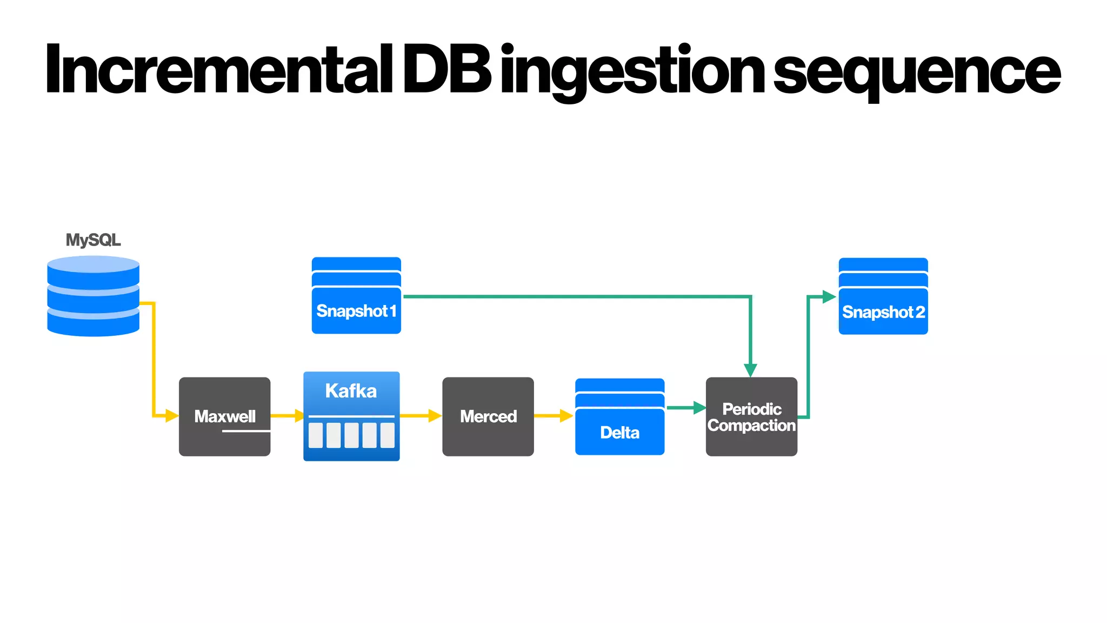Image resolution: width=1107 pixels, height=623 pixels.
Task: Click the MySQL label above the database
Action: (x=93, y=240)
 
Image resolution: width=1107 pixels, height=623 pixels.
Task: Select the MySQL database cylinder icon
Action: (x=93, y=296)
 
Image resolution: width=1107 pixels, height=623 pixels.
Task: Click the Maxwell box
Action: (x=224, y=416)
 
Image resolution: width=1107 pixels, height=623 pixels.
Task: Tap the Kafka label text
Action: (x=351, y=390)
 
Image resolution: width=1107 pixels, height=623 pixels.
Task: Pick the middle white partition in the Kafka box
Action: (x=351, y=435)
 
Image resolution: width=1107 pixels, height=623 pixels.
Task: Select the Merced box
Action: (x=488, y=416)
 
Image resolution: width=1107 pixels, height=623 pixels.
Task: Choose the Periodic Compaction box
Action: (x=751, y=417)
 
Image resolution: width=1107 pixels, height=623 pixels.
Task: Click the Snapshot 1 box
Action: (x=356, y=303)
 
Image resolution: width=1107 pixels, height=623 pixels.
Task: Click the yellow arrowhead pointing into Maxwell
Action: (x=172, y=415)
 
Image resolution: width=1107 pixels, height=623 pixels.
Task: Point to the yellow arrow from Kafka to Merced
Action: (x=421, y=415)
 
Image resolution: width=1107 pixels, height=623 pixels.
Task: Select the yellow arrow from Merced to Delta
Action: (x=553, y=415)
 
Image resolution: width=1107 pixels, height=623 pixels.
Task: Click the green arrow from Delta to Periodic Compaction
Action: (x=685, y=408)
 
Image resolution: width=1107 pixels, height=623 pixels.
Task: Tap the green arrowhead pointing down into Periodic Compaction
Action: (x=750, y=370)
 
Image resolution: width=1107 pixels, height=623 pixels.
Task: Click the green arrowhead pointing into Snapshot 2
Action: (x=829, y=296)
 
